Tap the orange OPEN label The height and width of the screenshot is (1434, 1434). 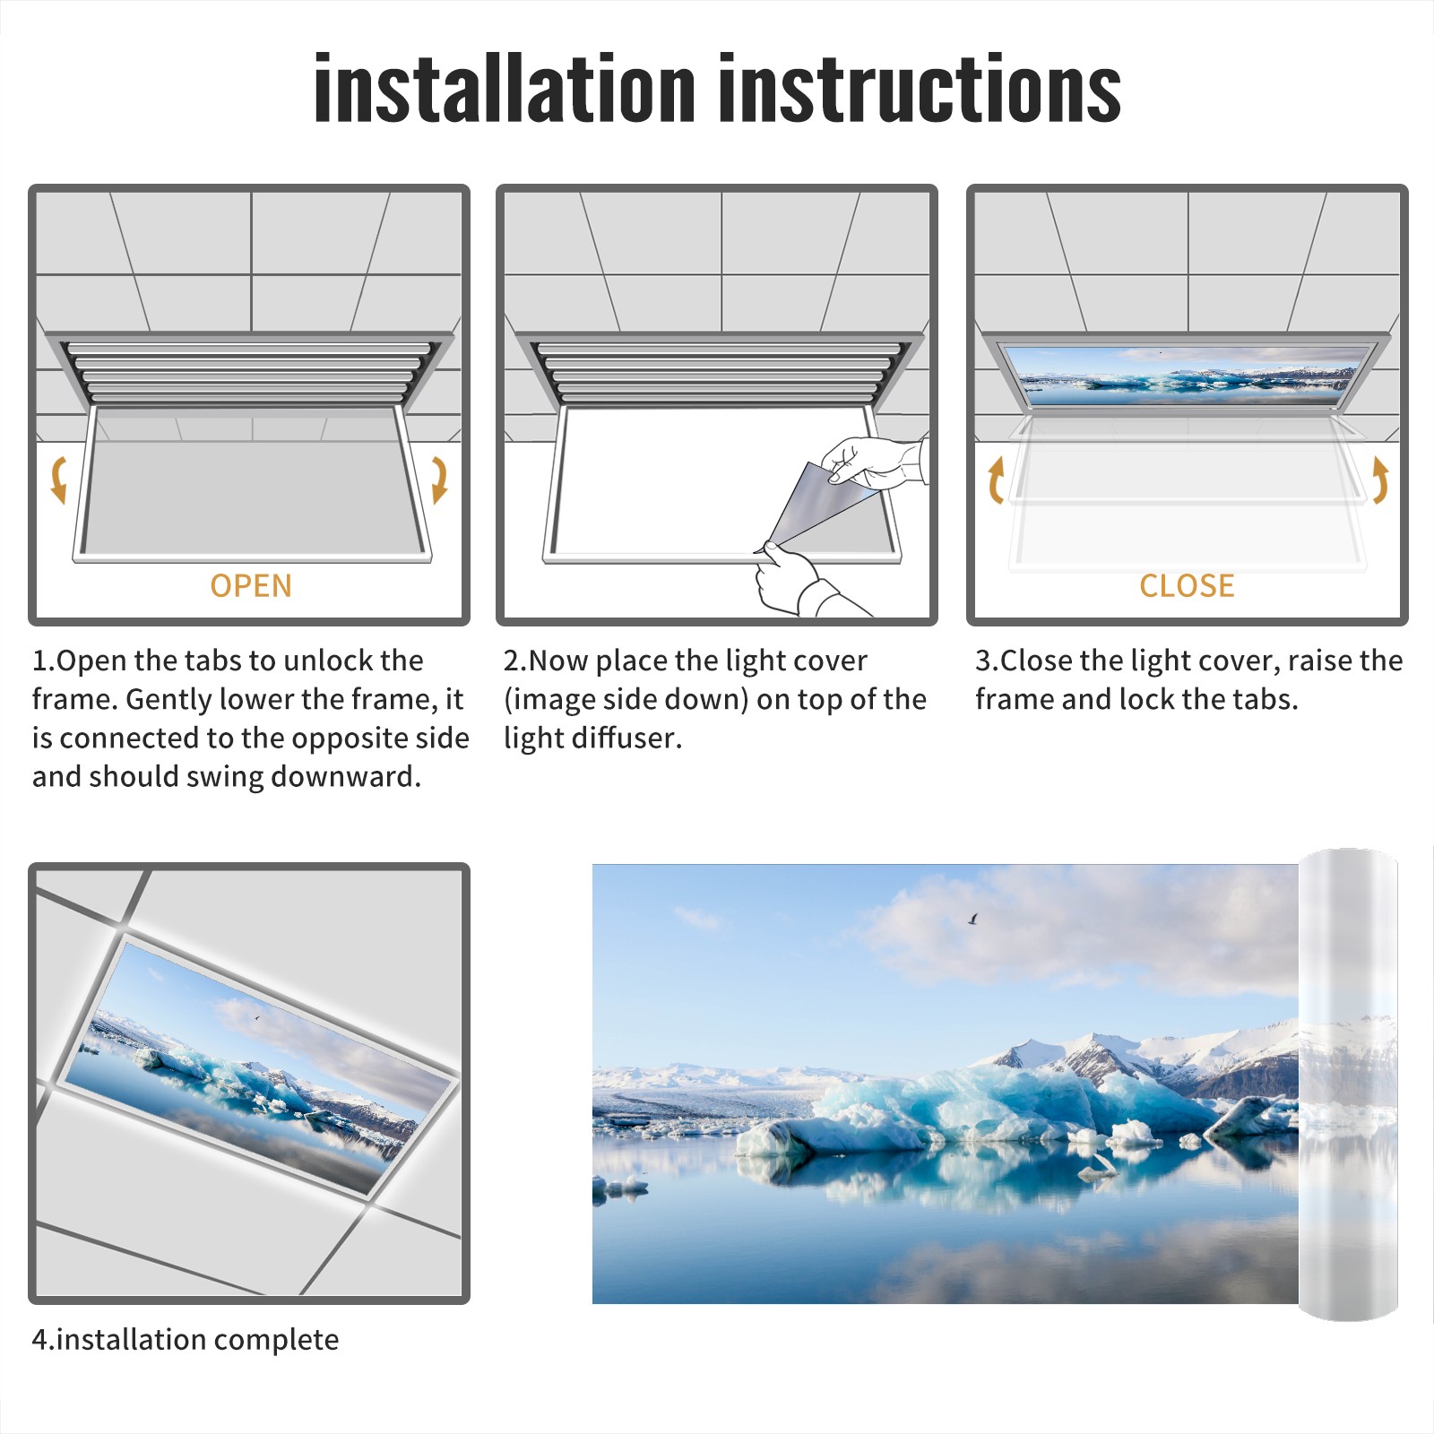251,585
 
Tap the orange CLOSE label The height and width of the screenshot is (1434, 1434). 1187,585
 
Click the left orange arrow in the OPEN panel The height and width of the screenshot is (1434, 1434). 59,479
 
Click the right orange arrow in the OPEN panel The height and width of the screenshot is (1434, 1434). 439,479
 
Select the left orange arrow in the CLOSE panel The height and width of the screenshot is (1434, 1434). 995,479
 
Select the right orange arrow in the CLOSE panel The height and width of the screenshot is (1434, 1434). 1380,479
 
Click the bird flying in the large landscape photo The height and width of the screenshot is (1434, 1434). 972,919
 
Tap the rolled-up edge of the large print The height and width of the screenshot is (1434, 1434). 1348,1084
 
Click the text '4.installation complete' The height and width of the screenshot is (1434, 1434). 186,1340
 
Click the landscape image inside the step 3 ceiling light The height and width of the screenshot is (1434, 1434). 1188,371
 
